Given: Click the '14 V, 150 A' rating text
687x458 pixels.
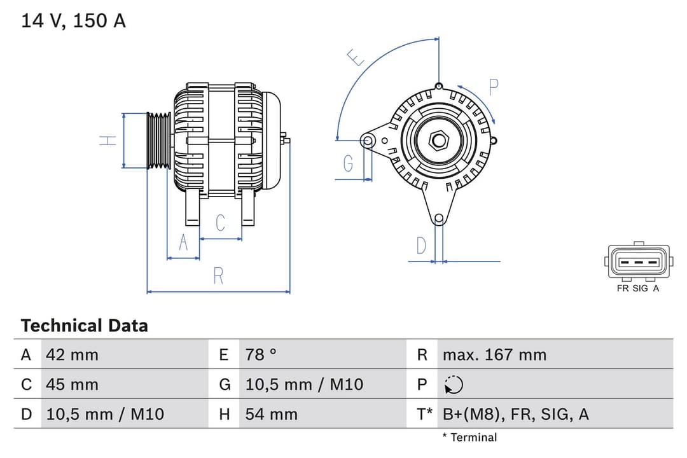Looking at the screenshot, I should [73, 20].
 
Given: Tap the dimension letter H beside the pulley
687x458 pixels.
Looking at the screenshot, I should [109, 140].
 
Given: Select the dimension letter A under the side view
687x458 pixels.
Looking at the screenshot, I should [183, 243].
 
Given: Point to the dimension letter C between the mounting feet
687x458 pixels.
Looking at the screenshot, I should [220, 223].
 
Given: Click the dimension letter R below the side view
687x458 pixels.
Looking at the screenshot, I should [218, 275].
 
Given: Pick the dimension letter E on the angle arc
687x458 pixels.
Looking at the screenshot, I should [356, 58].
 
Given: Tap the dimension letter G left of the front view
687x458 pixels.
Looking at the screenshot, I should [348, 164].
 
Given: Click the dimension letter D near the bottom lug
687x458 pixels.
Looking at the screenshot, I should [420, 246].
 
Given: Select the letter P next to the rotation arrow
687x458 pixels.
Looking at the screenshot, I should [493, 87].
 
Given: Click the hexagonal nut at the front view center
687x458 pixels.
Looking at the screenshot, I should [438, 140].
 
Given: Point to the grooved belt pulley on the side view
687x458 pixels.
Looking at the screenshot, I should [159, 141].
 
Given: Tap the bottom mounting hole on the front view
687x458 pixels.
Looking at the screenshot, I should [438, 219].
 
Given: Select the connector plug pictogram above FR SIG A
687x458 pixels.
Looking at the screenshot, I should [638, 261].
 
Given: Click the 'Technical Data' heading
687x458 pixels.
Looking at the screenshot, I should [84, 326].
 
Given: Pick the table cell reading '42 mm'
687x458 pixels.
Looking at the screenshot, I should [72, 354].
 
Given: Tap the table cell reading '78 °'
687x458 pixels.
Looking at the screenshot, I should [261, 354].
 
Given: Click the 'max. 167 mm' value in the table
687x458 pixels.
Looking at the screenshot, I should [494, 354].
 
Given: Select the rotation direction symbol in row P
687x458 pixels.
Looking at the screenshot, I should [454, 385].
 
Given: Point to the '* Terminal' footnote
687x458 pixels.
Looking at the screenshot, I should [469, 437].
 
